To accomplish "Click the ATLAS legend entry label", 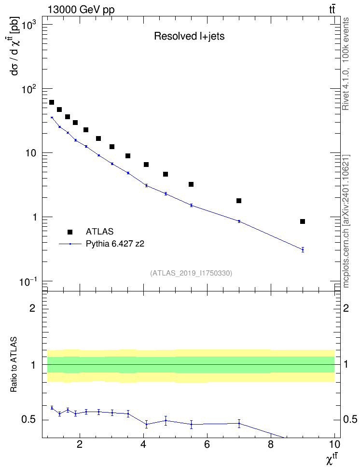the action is click(x=99, y=232).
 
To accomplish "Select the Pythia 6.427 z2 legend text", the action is click(x=115, y=244).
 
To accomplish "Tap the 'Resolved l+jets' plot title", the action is click(x=189, y=36).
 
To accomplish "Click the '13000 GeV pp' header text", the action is click(x=81, y=10).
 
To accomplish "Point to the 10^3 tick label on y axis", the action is click(x=28, y=26).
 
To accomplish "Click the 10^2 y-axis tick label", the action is click(x=28, y=89).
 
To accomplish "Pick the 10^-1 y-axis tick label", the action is click(x=28, y=282).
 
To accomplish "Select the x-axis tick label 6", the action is click(x=207, y=444).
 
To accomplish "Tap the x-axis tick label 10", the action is click(x=334, y=444).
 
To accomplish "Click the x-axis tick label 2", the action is click(x=80, y=444).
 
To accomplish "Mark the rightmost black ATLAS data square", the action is click(x=303, y=221).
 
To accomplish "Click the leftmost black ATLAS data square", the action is click(x=52, y=102).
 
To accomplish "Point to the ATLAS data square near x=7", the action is click(x=239, y=201).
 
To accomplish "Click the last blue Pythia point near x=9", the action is click(x=303, y=249).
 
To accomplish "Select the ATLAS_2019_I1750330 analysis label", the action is click(x=191, y=273).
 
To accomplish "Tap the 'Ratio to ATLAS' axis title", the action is click(x=14, y=364).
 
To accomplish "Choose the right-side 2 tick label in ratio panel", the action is click(x=346, y=308).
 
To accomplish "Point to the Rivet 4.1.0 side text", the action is click(x=346, y=64).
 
